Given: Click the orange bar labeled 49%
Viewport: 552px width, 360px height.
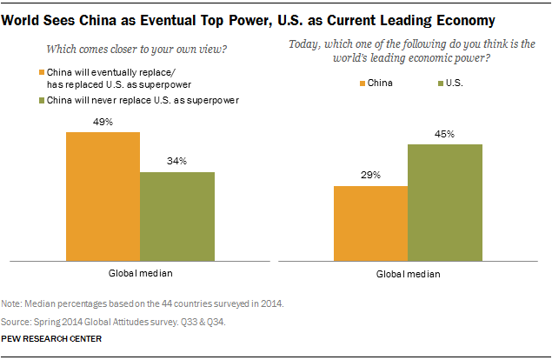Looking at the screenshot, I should (x=103, y=195).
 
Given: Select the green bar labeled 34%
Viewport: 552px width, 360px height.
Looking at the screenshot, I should (x=177, y=215).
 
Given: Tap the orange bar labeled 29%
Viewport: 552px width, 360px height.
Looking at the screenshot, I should (x=370, y=222).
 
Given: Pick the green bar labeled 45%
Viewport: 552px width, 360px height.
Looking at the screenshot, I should (x=445, y=201).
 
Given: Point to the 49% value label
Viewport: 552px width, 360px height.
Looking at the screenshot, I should (x=103, y=122).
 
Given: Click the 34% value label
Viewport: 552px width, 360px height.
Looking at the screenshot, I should (x=177, y=162).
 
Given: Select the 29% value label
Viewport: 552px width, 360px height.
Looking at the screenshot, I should (x=370, y=175).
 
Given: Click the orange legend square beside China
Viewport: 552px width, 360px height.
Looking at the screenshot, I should (x=362, y=84).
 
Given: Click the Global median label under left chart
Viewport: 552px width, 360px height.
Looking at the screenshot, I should (x=141, y=273).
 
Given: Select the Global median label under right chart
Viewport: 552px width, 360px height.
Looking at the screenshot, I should (x=409, y=273).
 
